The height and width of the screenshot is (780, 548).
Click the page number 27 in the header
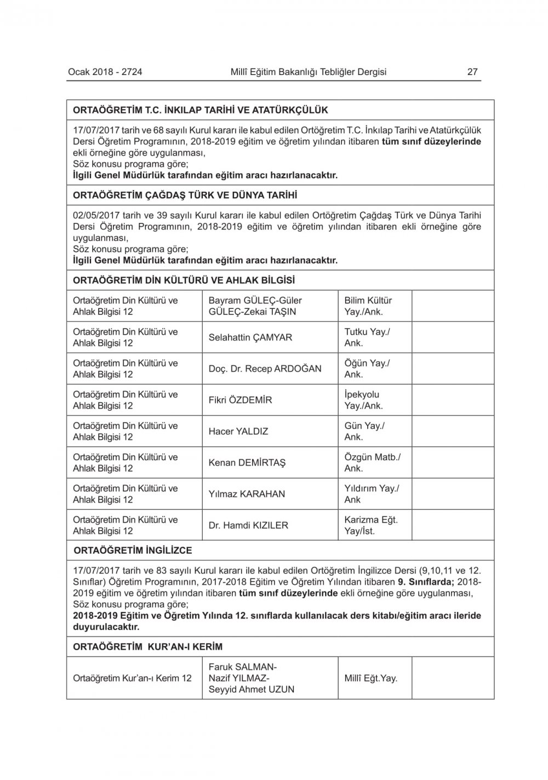point(472,72)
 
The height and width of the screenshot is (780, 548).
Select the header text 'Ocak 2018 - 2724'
point(105,72)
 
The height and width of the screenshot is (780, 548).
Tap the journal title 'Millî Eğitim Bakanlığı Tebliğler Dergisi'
point(309,72)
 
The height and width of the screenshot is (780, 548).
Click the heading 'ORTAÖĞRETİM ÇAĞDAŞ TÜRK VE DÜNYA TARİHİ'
point(185,195)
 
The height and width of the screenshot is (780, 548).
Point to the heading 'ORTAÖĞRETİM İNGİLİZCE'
point(133,550)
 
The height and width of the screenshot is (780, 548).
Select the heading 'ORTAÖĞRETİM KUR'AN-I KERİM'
point(148,647)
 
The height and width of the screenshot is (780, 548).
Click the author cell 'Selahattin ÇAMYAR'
point(250,337)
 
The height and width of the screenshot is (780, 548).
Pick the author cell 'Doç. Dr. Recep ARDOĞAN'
point(265,369)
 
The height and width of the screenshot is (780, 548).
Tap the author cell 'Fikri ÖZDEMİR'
point(240,400)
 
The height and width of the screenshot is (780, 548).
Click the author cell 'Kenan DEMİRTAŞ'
point(247,462)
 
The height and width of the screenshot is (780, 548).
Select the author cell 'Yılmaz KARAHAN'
point(247,494)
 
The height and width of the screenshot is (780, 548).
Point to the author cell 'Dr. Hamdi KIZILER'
point(248,525)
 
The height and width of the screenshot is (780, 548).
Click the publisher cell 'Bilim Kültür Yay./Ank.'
point(368,306)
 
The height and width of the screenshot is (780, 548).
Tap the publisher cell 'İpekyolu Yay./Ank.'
point(364,400)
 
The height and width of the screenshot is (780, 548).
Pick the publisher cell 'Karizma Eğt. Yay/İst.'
point(371,525)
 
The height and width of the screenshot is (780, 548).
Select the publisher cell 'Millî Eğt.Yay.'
point(371,678)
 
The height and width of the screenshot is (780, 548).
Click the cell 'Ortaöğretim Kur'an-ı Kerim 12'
point(132,678)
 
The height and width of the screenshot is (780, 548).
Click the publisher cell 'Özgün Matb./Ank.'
point(372,462)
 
